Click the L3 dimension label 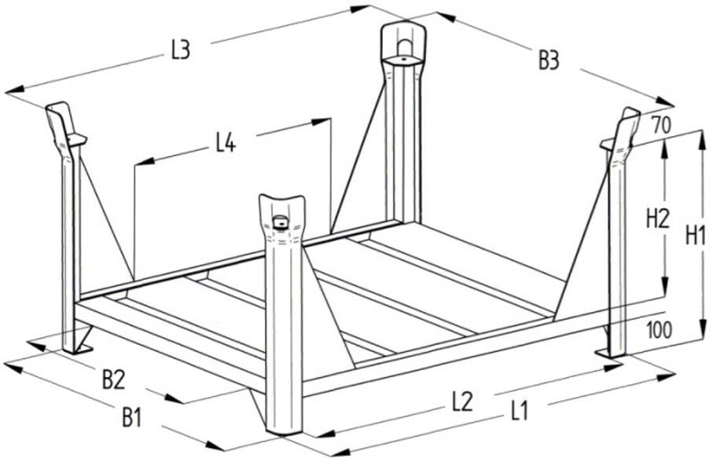coord(180,51)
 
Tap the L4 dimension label coord(226,144)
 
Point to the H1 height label coord(696,233)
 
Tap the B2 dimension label coord(113,379)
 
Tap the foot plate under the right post coord(613,352)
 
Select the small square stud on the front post coord(279,225)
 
